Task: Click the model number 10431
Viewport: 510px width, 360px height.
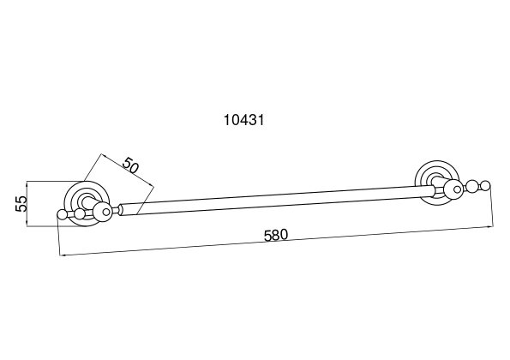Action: click(244, 120)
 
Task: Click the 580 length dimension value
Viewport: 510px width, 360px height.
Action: click(276, 235)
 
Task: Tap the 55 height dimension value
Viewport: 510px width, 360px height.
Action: click(21, 204)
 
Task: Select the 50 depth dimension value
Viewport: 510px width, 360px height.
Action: click(130, 165)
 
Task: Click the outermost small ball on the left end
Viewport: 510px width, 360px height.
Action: click(62, 214)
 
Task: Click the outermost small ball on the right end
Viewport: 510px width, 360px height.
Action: click(485, 186)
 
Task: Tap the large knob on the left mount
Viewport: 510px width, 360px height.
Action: click(102, 212)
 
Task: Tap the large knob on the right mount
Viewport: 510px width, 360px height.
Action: click(453, 189)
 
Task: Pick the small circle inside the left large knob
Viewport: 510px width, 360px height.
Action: click(106, 212)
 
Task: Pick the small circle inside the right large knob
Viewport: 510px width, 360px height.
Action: click(458, 189)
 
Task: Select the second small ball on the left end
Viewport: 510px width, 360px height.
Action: click(80, 213)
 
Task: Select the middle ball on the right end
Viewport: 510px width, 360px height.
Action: click(471, 187)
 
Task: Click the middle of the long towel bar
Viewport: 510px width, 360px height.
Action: click(277, 200)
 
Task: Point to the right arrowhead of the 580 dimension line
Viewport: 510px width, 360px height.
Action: click(490, 226)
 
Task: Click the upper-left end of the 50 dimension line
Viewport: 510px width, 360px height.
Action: click(102, 154)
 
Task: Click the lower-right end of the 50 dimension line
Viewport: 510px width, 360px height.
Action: click(153, 187)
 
